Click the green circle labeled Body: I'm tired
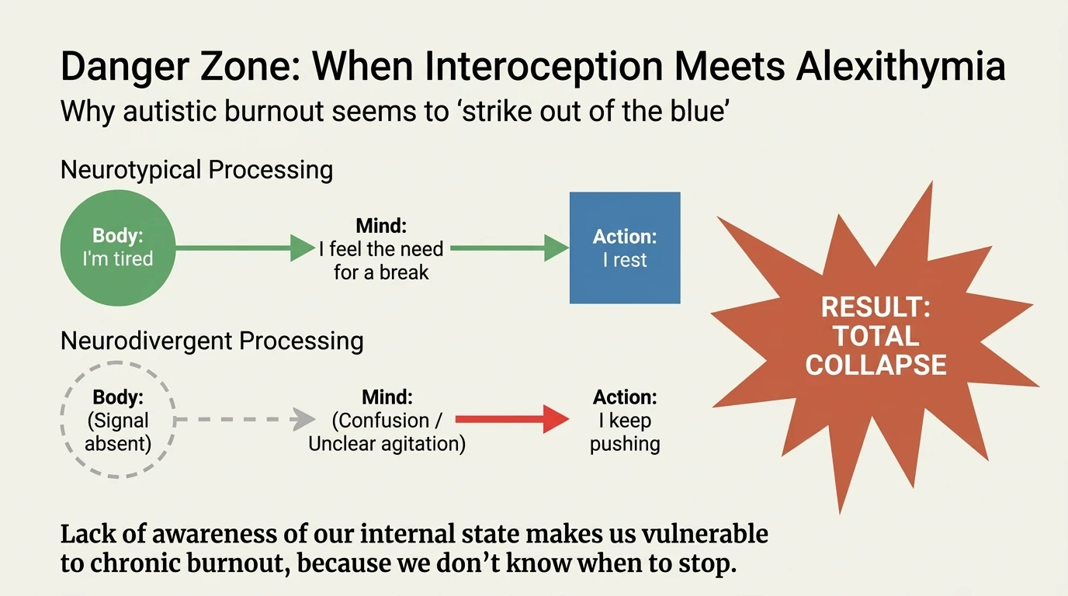click(118, 248)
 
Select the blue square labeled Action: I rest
click(625, 248)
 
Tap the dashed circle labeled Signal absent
click(118, 421)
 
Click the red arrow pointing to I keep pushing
click(511, 420)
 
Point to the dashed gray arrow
click(244, 420)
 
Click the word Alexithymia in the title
click(900, 68)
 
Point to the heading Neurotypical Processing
click(196, 169)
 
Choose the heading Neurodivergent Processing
click(212, 341)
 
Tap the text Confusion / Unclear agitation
click(387, 432)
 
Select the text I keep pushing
click(625, 432)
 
